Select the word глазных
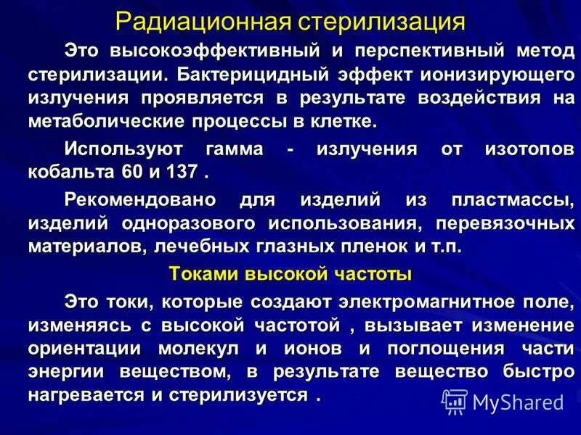click(285, 246)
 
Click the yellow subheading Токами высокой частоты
click(290, 273)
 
